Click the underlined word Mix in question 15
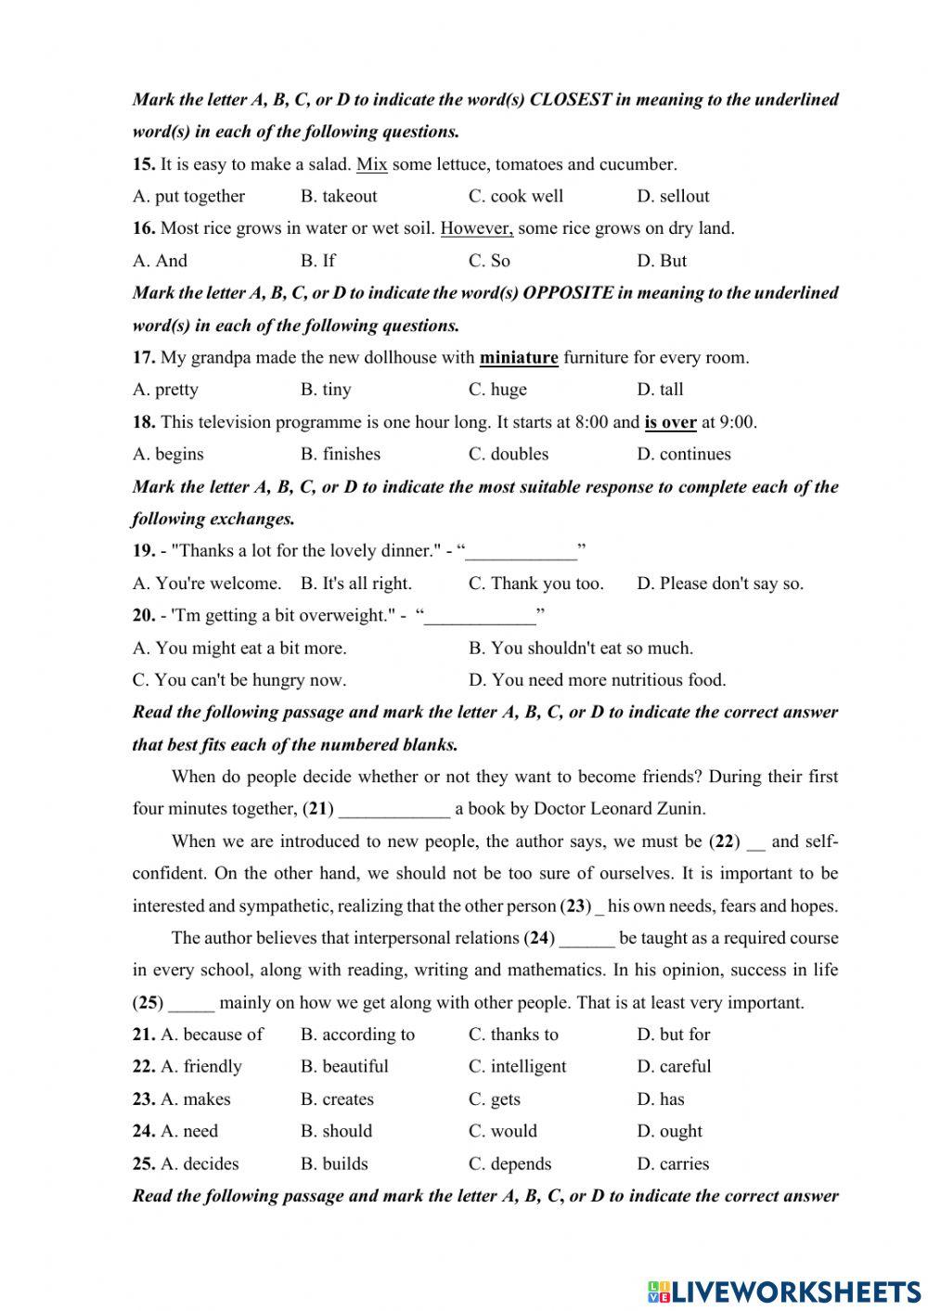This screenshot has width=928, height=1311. point(371,164)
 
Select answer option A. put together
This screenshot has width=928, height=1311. point(189,197)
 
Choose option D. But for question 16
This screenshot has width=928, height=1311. point(662,261)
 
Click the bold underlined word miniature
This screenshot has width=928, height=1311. point(519,357)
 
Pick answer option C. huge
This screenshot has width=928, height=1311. point(497,390)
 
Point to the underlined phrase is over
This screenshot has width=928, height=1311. point(670,422)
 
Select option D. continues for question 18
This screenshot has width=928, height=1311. point(684,455)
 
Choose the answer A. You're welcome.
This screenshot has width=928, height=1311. point(207,584)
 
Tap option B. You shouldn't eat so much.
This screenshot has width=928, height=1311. point(581,648)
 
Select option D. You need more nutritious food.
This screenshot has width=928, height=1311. point(598,680)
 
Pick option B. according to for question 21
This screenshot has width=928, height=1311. point(357,1035)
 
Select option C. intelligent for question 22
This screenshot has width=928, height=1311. point(517,1067)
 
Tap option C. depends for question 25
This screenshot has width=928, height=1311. point(509,1163)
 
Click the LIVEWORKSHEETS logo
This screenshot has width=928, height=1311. point(784,1291)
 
